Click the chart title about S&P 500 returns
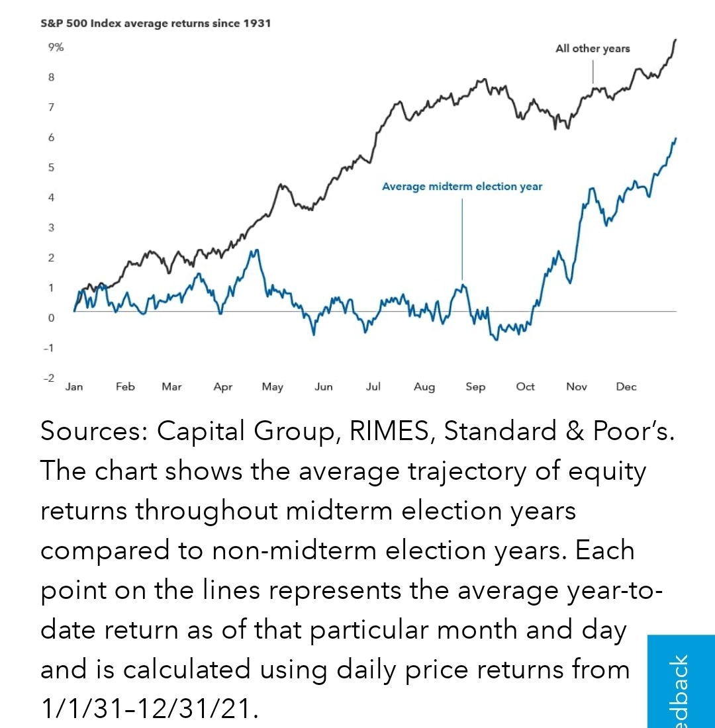[156, 24]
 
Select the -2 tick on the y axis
[48, 378]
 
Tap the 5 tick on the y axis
[51, 167]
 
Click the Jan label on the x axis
[74, 387]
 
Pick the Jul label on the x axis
[373, 387]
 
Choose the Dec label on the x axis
[626, 387]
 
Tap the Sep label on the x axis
[475, 387]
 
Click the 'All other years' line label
[593, 48]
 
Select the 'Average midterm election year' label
[462, 187]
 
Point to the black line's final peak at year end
[675, 40]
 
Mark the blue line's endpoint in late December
[676, 138]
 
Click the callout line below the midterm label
[462, 238]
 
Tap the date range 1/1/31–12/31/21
[147, 709]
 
